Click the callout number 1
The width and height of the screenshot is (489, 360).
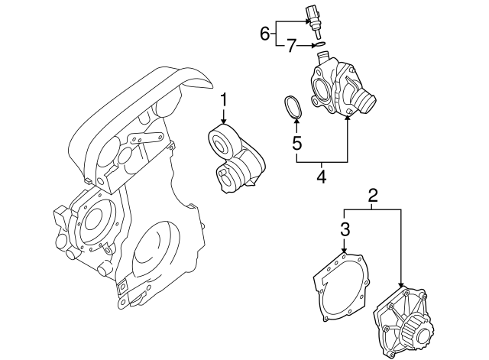(x=224, y=99)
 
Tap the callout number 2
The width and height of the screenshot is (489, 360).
(x=373, y=196)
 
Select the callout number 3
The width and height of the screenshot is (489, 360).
(x=345, y=229)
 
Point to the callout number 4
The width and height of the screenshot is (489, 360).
(x=321, y=177)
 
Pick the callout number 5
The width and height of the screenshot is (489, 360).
(x=297, y=142)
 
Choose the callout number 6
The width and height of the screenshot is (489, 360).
(x=265, y=33)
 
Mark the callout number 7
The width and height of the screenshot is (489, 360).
(x=291, y=47)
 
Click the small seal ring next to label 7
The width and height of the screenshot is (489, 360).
(x=322, y=46)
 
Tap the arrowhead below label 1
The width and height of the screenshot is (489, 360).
(x=224, y=122)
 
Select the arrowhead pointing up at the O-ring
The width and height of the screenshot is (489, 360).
(x=297, y=122)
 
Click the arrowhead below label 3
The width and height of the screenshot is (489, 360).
(x=345, y=251)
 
